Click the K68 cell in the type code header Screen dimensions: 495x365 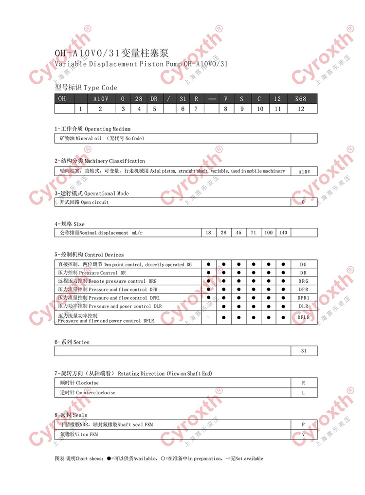[301, 99]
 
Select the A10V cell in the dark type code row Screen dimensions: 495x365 [100, 99]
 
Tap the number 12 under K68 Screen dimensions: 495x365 [301, 109]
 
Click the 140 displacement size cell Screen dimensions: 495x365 [283, 233]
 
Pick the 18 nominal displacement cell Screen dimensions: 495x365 [208, 233]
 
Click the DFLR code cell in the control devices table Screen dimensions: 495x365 [304, 317]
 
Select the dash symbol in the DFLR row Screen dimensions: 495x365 [208, 317]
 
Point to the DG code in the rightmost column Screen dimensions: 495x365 [304, 264]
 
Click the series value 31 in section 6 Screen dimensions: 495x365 [304, 350]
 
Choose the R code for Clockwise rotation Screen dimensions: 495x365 [304, 383]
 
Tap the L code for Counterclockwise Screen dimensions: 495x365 [304, 392]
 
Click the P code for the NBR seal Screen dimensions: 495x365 [304, 425]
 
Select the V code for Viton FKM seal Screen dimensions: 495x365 [304, 434]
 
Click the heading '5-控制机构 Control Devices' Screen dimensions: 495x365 [89, 255]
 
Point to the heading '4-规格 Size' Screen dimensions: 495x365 [70, 224]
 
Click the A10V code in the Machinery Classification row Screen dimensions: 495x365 [304, 171]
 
